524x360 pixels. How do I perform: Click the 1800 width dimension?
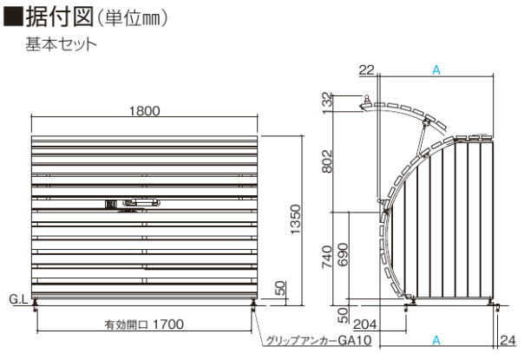(144, 111)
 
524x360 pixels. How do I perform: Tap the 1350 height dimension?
(296, 219)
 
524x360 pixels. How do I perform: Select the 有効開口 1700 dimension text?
(144, 324)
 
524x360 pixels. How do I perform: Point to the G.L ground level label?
(18, 299)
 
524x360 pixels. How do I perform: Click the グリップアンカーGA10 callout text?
(318, 341)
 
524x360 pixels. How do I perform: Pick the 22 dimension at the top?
(367, 70)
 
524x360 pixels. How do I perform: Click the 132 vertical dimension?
(328, 103)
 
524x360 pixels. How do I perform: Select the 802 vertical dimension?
(328, 161)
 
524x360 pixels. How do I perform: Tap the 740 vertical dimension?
(328, 257)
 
